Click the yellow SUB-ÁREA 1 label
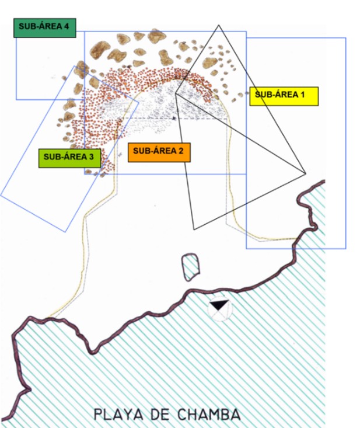284,96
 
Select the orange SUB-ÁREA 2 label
158,152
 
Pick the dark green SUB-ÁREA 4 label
46,27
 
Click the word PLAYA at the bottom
116,415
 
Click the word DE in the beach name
156,415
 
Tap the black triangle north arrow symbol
219,306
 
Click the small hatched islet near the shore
191,266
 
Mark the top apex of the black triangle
219,25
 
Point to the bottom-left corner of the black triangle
193,228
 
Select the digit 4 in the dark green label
67,26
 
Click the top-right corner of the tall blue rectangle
346,39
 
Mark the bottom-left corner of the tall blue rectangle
246,249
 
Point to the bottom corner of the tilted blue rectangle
66,232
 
